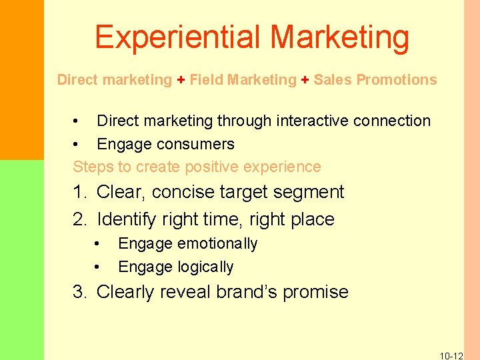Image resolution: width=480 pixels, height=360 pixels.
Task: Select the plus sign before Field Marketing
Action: coord(181,80)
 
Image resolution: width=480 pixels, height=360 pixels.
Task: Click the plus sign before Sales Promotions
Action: coord(305,80)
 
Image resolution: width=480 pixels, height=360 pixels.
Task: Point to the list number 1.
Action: coord(80,193)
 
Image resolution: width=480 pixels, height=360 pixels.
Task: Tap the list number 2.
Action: coord(80,219)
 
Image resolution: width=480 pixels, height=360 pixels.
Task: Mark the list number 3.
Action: coord(80,292)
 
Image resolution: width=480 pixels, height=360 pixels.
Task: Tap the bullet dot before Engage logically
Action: coord(97,267)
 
